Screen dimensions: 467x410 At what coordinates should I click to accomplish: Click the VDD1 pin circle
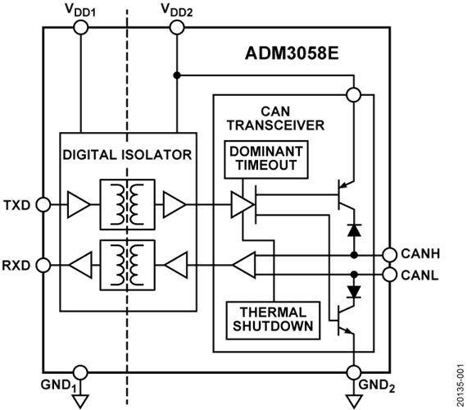pos(81,28)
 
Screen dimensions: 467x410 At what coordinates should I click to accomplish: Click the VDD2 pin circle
pos(177,28)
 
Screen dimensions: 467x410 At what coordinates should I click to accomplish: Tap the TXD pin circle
pos(43,205)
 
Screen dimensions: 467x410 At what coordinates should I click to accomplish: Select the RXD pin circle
pos(43,265)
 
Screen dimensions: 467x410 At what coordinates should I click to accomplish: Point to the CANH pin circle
pos(389,255)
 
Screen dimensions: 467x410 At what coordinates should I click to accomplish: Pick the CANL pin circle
pos(389,275)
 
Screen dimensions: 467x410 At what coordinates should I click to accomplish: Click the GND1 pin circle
pos(81,372)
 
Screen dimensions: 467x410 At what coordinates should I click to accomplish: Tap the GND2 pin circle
pos(354,372)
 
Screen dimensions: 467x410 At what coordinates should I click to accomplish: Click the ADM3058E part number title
pos(292,54)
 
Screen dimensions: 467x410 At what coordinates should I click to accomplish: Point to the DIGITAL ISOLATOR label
pos(127,155)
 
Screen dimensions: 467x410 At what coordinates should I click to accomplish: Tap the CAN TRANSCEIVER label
pos(276,118)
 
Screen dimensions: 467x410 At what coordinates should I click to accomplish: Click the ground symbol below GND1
pos(81,401)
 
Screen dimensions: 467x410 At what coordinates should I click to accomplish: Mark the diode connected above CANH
pos(354,230)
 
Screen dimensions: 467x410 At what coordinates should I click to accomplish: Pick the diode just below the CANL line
pos(354,291)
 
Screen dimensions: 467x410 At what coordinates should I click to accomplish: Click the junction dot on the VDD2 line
pos(177,75)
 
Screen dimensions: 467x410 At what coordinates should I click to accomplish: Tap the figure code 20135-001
pos(461,385)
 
